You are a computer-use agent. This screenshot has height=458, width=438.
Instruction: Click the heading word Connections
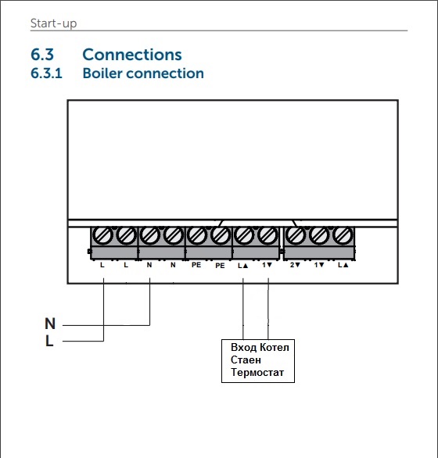(131, 55)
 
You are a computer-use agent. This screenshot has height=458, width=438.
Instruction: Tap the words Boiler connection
(143, 73)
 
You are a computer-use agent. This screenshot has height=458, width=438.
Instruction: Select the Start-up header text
(54, 23)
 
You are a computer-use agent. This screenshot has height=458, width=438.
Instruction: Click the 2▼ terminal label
(296, 266)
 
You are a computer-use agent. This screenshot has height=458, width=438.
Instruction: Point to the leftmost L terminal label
(103, 266)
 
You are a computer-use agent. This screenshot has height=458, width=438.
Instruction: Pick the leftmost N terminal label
(149, 266)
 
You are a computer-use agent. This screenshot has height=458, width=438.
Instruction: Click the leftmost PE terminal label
(196, 266)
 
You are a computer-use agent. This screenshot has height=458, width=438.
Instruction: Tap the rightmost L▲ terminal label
(342, 266)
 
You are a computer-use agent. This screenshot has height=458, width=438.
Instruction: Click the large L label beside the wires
(50, 341)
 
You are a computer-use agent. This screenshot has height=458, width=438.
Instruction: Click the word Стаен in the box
(246, 360)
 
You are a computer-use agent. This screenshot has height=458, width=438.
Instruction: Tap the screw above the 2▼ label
(296, 234)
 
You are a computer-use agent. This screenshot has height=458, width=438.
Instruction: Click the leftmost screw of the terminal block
(102, 234)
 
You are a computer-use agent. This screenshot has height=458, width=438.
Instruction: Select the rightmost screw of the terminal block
(341, 234)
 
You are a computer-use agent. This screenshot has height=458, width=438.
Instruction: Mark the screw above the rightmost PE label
(220, 234)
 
